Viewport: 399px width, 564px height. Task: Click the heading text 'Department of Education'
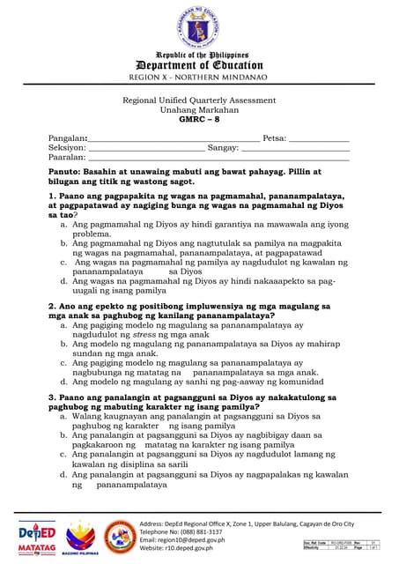[198, 65]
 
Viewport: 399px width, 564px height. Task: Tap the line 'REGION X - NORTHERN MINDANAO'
[198, 78]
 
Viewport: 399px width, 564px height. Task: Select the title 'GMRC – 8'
[198, 119]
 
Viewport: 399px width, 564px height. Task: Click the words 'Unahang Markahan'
[198, 109]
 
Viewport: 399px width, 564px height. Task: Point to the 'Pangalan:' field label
[68, 139]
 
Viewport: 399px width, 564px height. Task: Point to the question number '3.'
[53, 397]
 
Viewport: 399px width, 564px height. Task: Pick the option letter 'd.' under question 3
[64, 475]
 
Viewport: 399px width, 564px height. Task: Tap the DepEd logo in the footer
[37, 534]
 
